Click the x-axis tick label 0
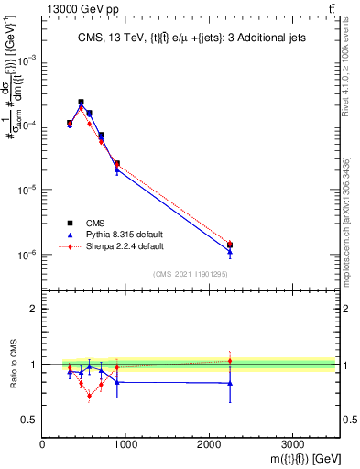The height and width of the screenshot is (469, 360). (43, 445)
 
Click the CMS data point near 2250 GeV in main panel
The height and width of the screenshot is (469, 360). (230, 245)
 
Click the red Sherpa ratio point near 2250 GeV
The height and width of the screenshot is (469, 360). (230, 361)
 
